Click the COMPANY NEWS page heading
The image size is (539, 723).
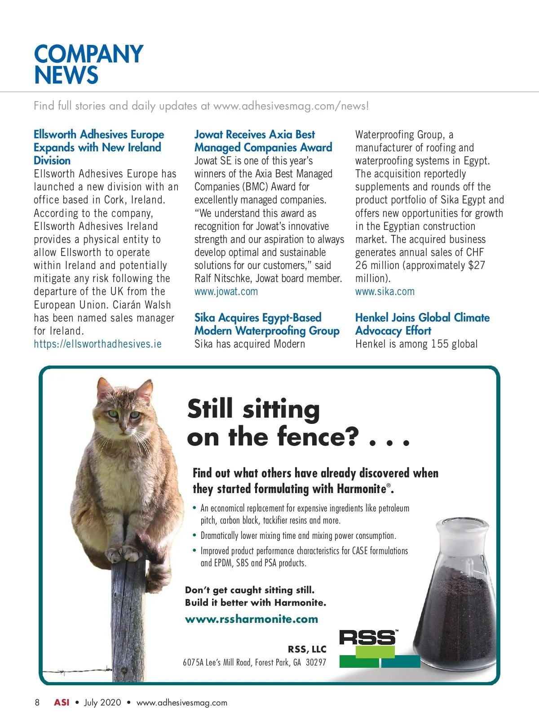pyautogui.click(x=88, y=64)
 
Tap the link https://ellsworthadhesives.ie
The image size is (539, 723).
pyautogui.click(x=97, y=344)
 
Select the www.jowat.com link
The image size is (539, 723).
pyautogui.click(x=226, y=291)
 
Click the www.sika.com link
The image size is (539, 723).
pyautogui.click(x=384, y=291)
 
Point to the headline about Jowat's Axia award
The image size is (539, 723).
pyautogui.click(x=263, y=141)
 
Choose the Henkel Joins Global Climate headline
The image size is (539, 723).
pyautogui.click(x=422, y=324)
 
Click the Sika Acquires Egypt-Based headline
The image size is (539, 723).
pyautogui.click(x=266, y=324)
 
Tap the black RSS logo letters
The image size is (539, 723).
pyautogui.click(x=367, y=637)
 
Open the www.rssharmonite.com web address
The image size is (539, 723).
pyautogui.click(x=251, y=619)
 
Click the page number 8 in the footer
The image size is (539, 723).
pyautogui.click(x=37, y=702)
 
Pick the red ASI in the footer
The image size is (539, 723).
pyautogui.click(x=62, y=702)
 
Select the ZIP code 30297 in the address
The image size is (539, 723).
pyautogui.click(x=316, y=662)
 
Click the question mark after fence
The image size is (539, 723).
pyautogui.click(x=351, y=436)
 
